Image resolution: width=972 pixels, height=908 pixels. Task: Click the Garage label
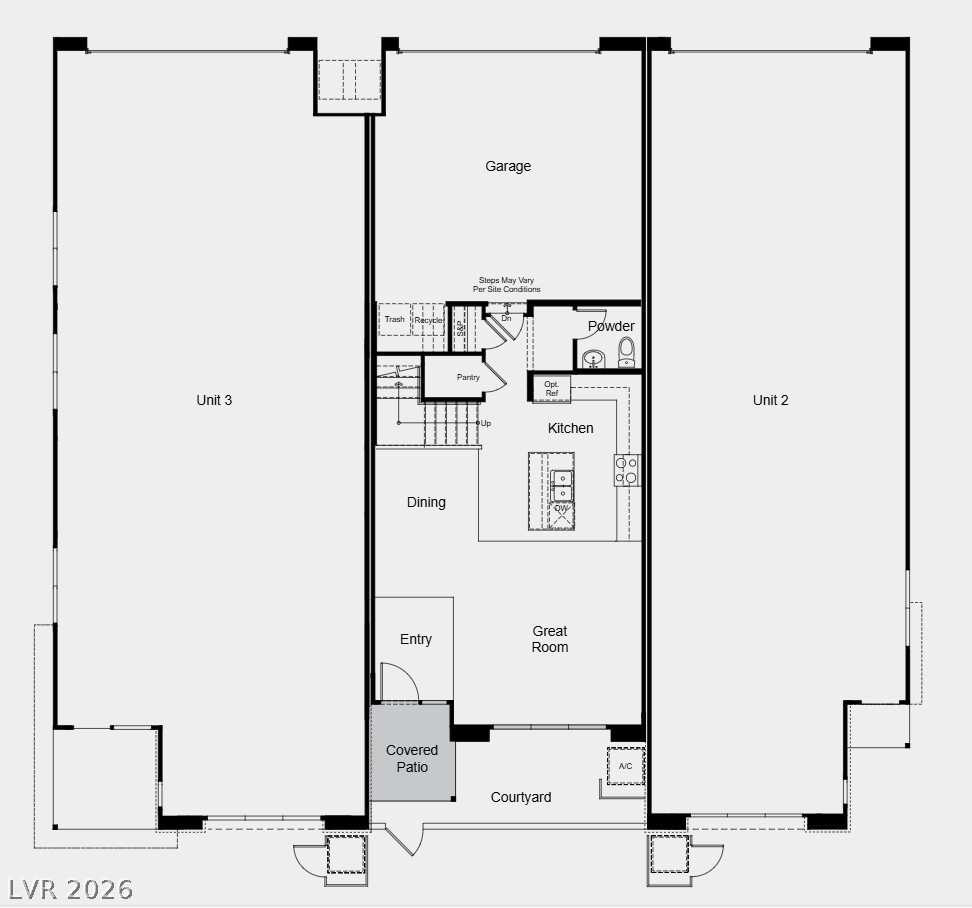pyautogui.click(x=508, y=166)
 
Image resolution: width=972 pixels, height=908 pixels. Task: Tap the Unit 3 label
pyautogui.click(x=214, y=400)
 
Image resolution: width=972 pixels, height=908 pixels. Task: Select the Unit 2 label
pyautogui.click(x=771, y=400)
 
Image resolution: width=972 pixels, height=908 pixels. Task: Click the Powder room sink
pyautogui.click(x=594, y=358)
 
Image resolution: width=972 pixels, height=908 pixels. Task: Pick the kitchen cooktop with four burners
pyautogui.click(x=627, y=470)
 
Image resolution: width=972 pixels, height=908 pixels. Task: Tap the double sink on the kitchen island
pyautogui.click(x=562, y=484)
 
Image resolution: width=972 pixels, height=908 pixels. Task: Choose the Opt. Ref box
pyautogui.click(x=551, y=388)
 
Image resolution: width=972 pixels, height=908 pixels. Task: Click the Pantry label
pyautogui.click(x=468, y=377)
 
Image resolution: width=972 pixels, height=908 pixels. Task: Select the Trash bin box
pyautogui.click(x=395, y=320)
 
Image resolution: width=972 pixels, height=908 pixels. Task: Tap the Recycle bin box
pyautogui.click(x=430, y=320)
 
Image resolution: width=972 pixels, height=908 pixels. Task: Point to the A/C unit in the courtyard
pyautogui.click(x=626, y=766)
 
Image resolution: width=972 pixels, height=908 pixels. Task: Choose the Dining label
pyautogui.click(x=426, y=502)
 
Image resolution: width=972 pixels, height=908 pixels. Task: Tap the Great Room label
pyautogui.click(x=550, y=639)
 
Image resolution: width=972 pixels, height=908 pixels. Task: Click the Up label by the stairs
pyautogui.click(x=486, y=423)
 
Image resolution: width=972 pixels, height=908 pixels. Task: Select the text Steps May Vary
pyautogui.click(x=507, y=281)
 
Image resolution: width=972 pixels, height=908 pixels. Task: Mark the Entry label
pyautogui.click(x=416, y=639)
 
